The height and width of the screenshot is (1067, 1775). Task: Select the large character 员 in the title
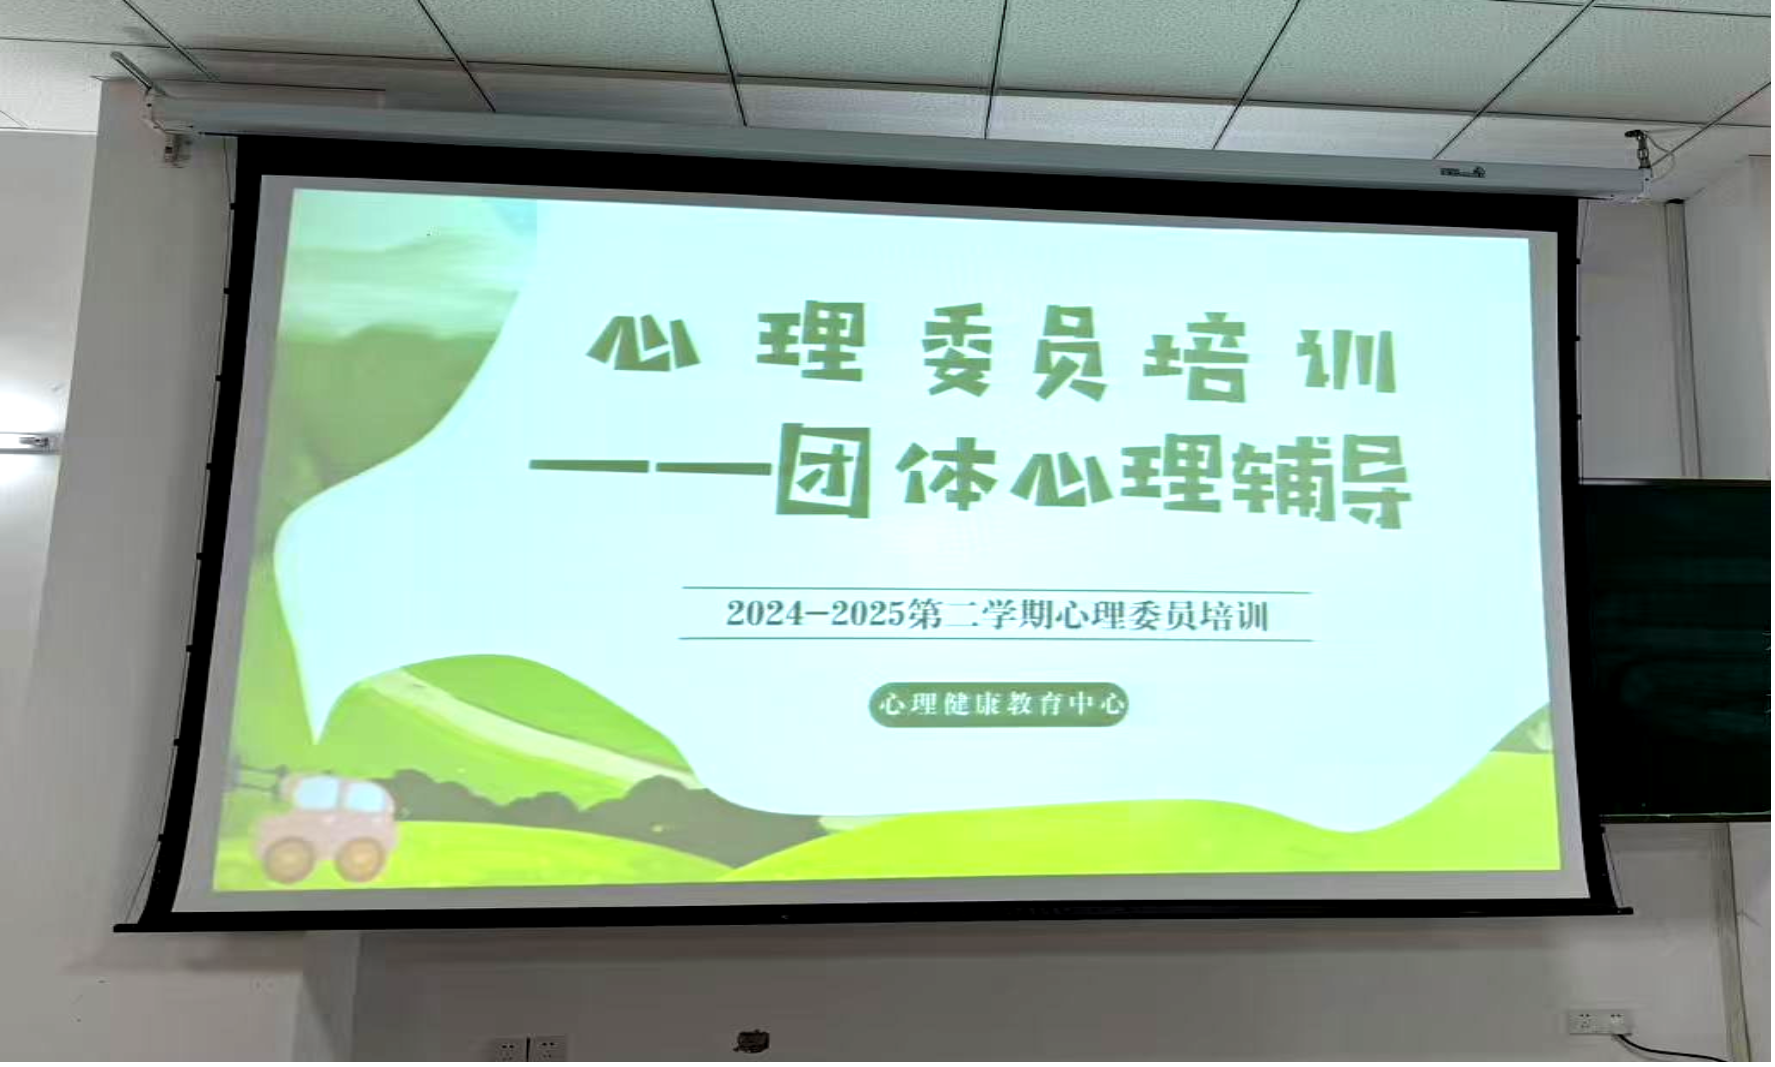pos(1069,355)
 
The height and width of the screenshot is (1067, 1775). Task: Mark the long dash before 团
pos(649,466)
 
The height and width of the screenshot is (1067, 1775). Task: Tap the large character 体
pos(946,474)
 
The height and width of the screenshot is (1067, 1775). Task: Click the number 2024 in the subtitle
pos(766,612)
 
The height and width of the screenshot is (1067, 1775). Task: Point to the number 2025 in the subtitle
pos(867,613)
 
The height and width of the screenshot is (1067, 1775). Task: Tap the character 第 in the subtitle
pos(926,614)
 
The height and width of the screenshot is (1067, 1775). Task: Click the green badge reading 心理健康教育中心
pos(999,704)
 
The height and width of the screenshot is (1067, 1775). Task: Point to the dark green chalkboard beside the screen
pos(1678,650)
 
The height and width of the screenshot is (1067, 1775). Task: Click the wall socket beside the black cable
pos(1598,1022)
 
